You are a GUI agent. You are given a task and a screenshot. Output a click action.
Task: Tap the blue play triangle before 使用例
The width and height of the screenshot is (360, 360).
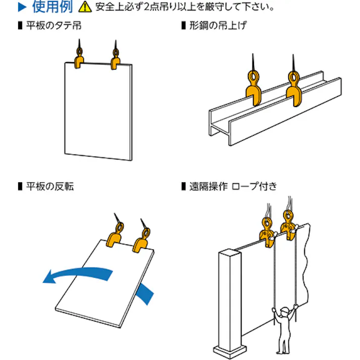21,8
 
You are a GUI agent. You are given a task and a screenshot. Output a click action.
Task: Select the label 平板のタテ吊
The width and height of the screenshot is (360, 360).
54,25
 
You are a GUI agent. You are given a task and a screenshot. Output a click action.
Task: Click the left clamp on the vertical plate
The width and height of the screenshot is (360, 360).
79,61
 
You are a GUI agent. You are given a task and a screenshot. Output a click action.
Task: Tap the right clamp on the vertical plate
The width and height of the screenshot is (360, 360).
116,62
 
